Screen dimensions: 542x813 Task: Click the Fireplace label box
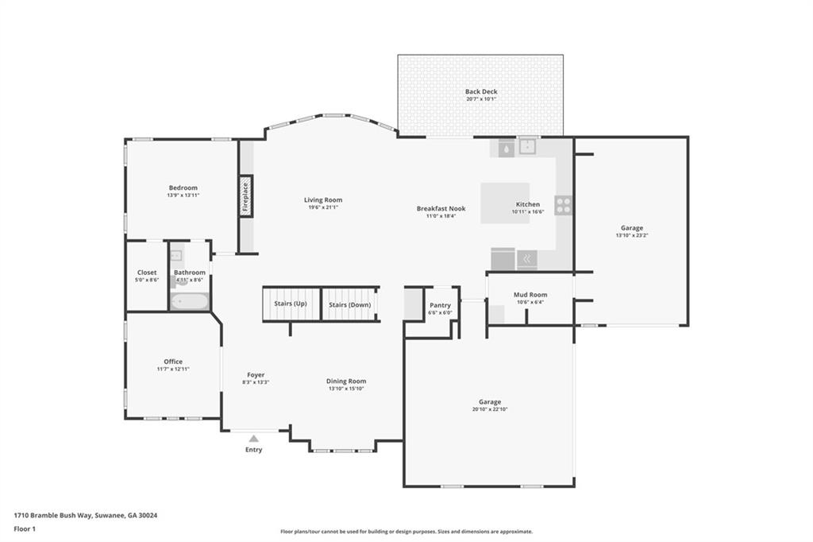[246, 195]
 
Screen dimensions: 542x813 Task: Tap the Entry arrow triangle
[254, 438]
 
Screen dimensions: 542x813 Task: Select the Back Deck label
[481, 91]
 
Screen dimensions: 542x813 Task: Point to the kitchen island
[504, 203]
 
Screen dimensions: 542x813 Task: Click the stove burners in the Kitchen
[564, 205]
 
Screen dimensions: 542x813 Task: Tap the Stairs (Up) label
[290, 304]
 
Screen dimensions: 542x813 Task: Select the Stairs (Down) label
[349, 304]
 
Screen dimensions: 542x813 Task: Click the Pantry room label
[440, 305]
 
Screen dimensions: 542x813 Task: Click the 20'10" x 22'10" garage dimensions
[489, 409]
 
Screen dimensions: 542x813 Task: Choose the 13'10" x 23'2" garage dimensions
[632, 235]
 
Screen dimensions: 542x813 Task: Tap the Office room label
[173, 362]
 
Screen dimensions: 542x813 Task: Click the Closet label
[147, 272]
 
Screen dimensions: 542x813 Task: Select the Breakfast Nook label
[441, 208]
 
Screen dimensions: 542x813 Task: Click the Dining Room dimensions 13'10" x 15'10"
[347, 389]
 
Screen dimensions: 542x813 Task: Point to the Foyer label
[256, 374]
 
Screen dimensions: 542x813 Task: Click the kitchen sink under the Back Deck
[528, 146]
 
